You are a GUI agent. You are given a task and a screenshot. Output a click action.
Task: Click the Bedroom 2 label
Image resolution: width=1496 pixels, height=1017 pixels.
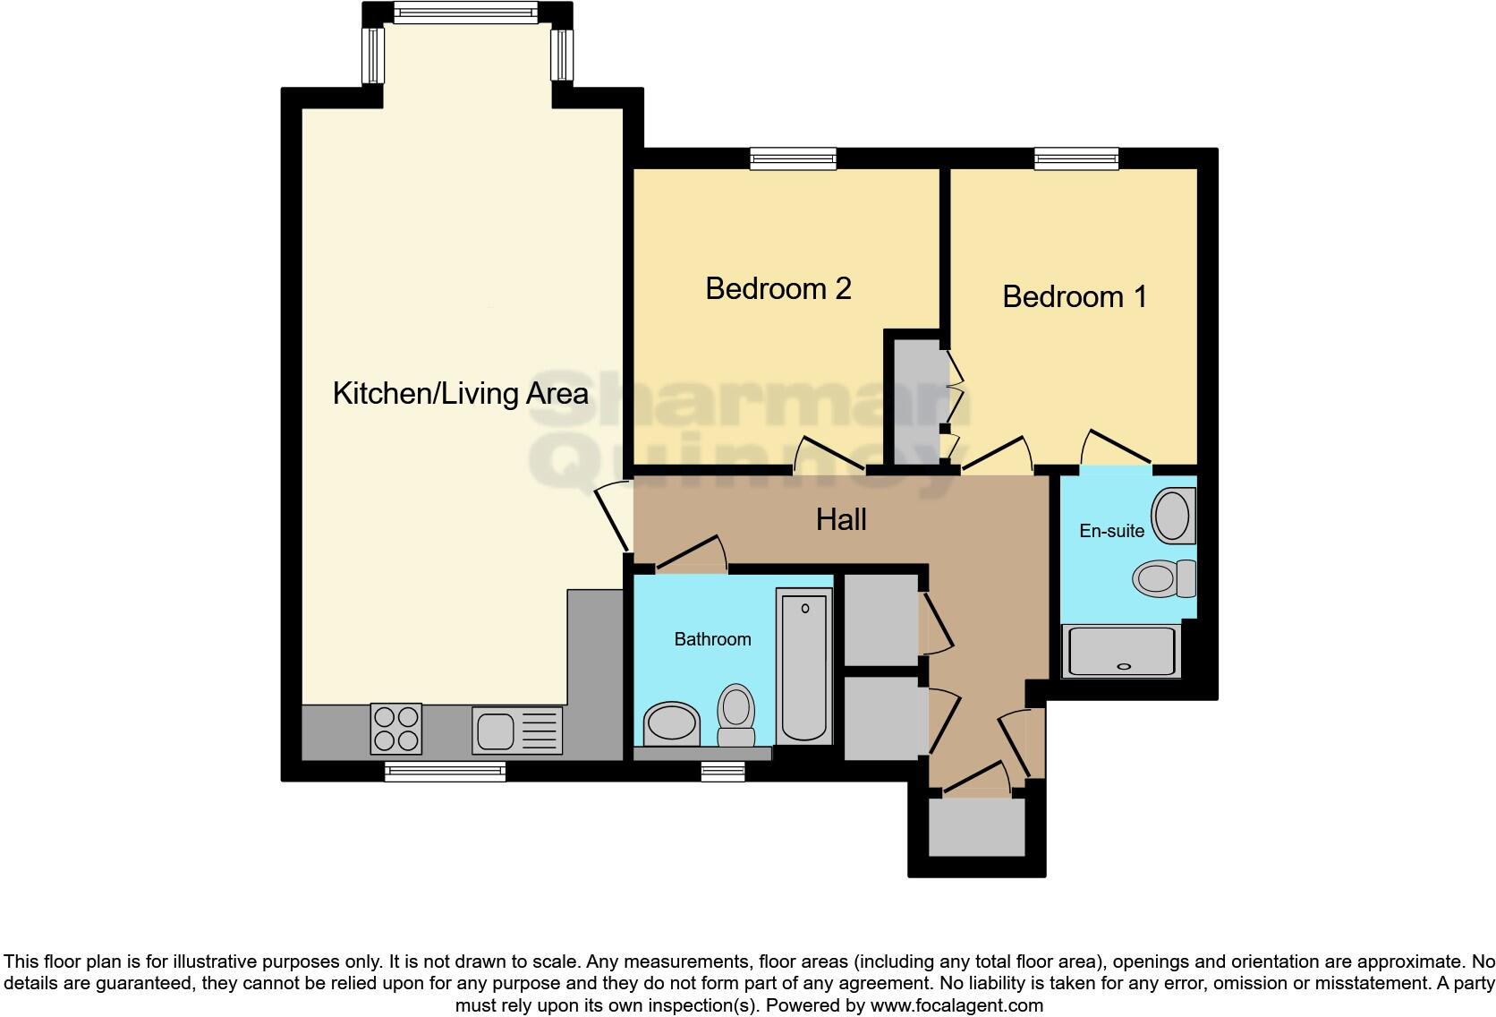(x=778, y=288)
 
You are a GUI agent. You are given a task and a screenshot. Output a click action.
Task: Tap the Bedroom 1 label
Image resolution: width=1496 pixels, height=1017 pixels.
(x=1074, y=296)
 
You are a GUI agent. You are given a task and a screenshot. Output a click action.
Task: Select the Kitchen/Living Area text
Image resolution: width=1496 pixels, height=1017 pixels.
(x=460, y=393)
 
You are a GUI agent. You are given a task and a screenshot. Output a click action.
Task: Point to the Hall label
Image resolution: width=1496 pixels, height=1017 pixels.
(x=841, y=519)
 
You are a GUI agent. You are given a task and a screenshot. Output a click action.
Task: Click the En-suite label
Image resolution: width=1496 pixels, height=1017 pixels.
(x=1111, y=531)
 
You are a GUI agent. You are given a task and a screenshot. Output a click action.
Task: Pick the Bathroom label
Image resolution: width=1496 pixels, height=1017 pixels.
(x=712, y=639)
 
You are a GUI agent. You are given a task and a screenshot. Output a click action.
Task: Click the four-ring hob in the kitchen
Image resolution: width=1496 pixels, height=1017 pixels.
(x=395, y=729)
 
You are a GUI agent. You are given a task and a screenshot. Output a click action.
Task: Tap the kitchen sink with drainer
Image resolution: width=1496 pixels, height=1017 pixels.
(x=517, y=730)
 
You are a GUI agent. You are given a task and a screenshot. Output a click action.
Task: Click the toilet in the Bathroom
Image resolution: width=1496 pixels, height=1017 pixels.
(x=736, y=716)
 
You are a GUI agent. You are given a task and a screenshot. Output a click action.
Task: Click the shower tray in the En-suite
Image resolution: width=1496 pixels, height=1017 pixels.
(x=1119, y=651)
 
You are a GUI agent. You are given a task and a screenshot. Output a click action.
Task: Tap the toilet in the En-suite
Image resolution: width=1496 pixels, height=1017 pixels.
(x=1163, y=578)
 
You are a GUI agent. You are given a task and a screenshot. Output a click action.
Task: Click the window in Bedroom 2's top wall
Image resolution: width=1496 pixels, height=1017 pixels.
(x=793, y=159)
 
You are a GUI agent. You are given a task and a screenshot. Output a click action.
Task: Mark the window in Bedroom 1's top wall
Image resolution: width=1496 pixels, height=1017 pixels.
(x=1075, y=159)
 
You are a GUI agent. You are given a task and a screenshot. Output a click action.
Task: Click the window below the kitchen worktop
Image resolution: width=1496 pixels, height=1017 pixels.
(x=445, y=771)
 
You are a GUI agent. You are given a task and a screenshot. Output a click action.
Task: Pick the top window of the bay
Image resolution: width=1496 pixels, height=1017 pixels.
(x=465, y=13)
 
